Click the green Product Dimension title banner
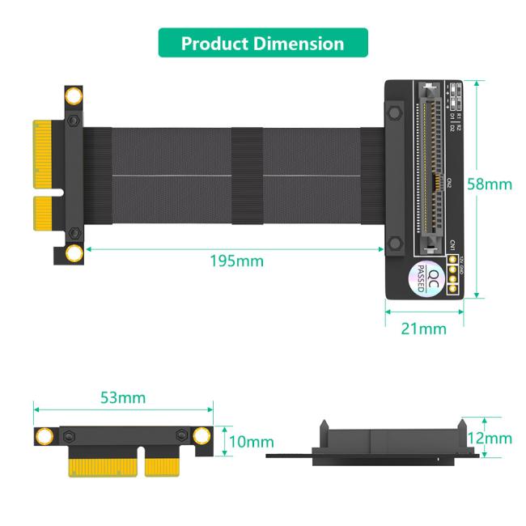pos(262,43)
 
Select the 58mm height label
pos(490,184)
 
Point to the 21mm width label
pos(424,328)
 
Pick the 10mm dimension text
pos(251,442)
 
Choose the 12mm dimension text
pos(490,438)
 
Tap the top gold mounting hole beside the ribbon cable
pos(74,97)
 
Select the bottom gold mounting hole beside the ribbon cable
pos(74,254)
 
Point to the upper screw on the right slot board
pos(394,110)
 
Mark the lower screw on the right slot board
pos(394,244)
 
